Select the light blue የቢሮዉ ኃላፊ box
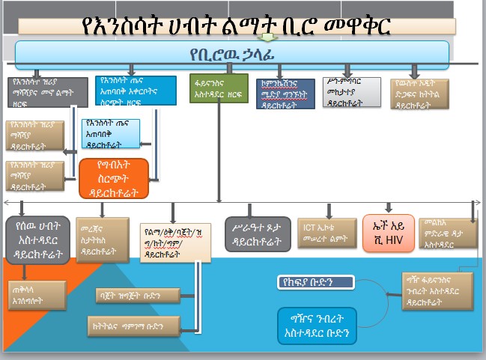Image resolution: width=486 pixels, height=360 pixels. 232,55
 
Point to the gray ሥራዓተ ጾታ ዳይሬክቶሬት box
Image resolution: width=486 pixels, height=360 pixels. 258,234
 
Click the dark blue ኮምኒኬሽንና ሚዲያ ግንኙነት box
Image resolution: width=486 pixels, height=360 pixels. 285,94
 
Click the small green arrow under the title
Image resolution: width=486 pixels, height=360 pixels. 267,36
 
